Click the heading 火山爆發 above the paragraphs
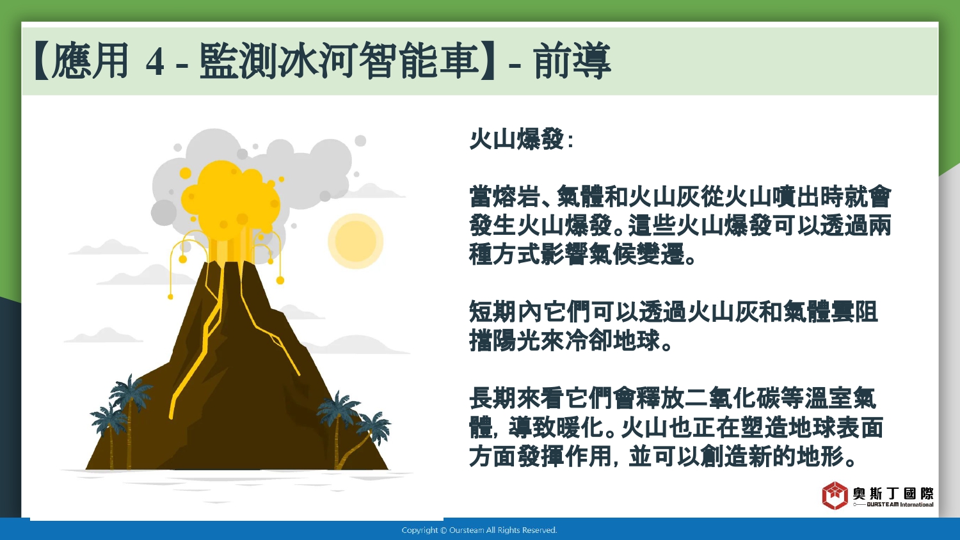[x=517, y=139]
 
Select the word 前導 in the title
[x=572, y=61]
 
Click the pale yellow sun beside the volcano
[x=355, y=241]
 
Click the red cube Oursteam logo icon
[x=835, y=495]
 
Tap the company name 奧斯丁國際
[x=893, y=493]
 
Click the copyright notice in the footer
[x=479, y=530]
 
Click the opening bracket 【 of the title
[x=42, y=61]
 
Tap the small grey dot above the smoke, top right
[x=360, y=141]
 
